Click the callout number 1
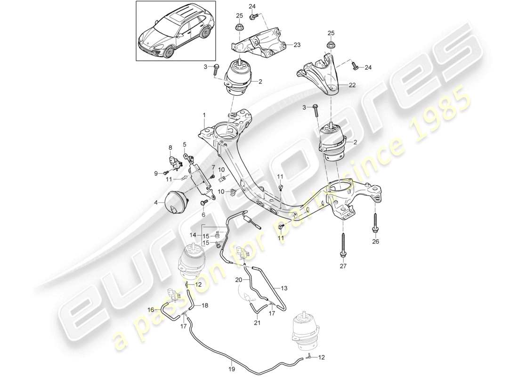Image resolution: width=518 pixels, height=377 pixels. [204, 115]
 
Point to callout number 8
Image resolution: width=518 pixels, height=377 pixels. [170, 148]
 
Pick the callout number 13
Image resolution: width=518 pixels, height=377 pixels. [283, 288]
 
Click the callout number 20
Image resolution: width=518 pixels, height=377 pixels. [239, 280]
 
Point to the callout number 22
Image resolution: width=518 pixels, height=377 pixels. [352, 85]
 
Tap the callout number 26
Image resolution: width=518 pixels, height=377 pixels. [375, 243]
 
